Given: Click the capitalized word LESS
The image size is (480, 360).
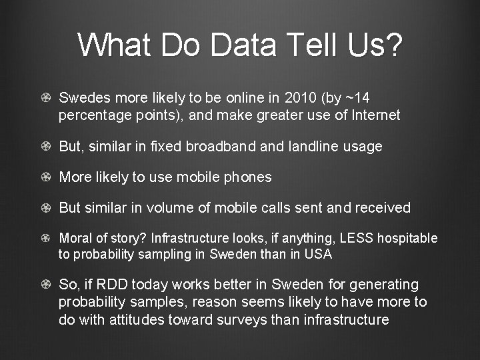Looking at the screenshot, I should [x=355, y=238].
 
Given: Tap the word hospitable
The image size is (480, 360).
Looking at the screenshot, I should [x=407, y=238].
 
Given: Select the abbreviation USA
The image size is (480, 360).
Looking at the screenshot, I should [x=318, y=254].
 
